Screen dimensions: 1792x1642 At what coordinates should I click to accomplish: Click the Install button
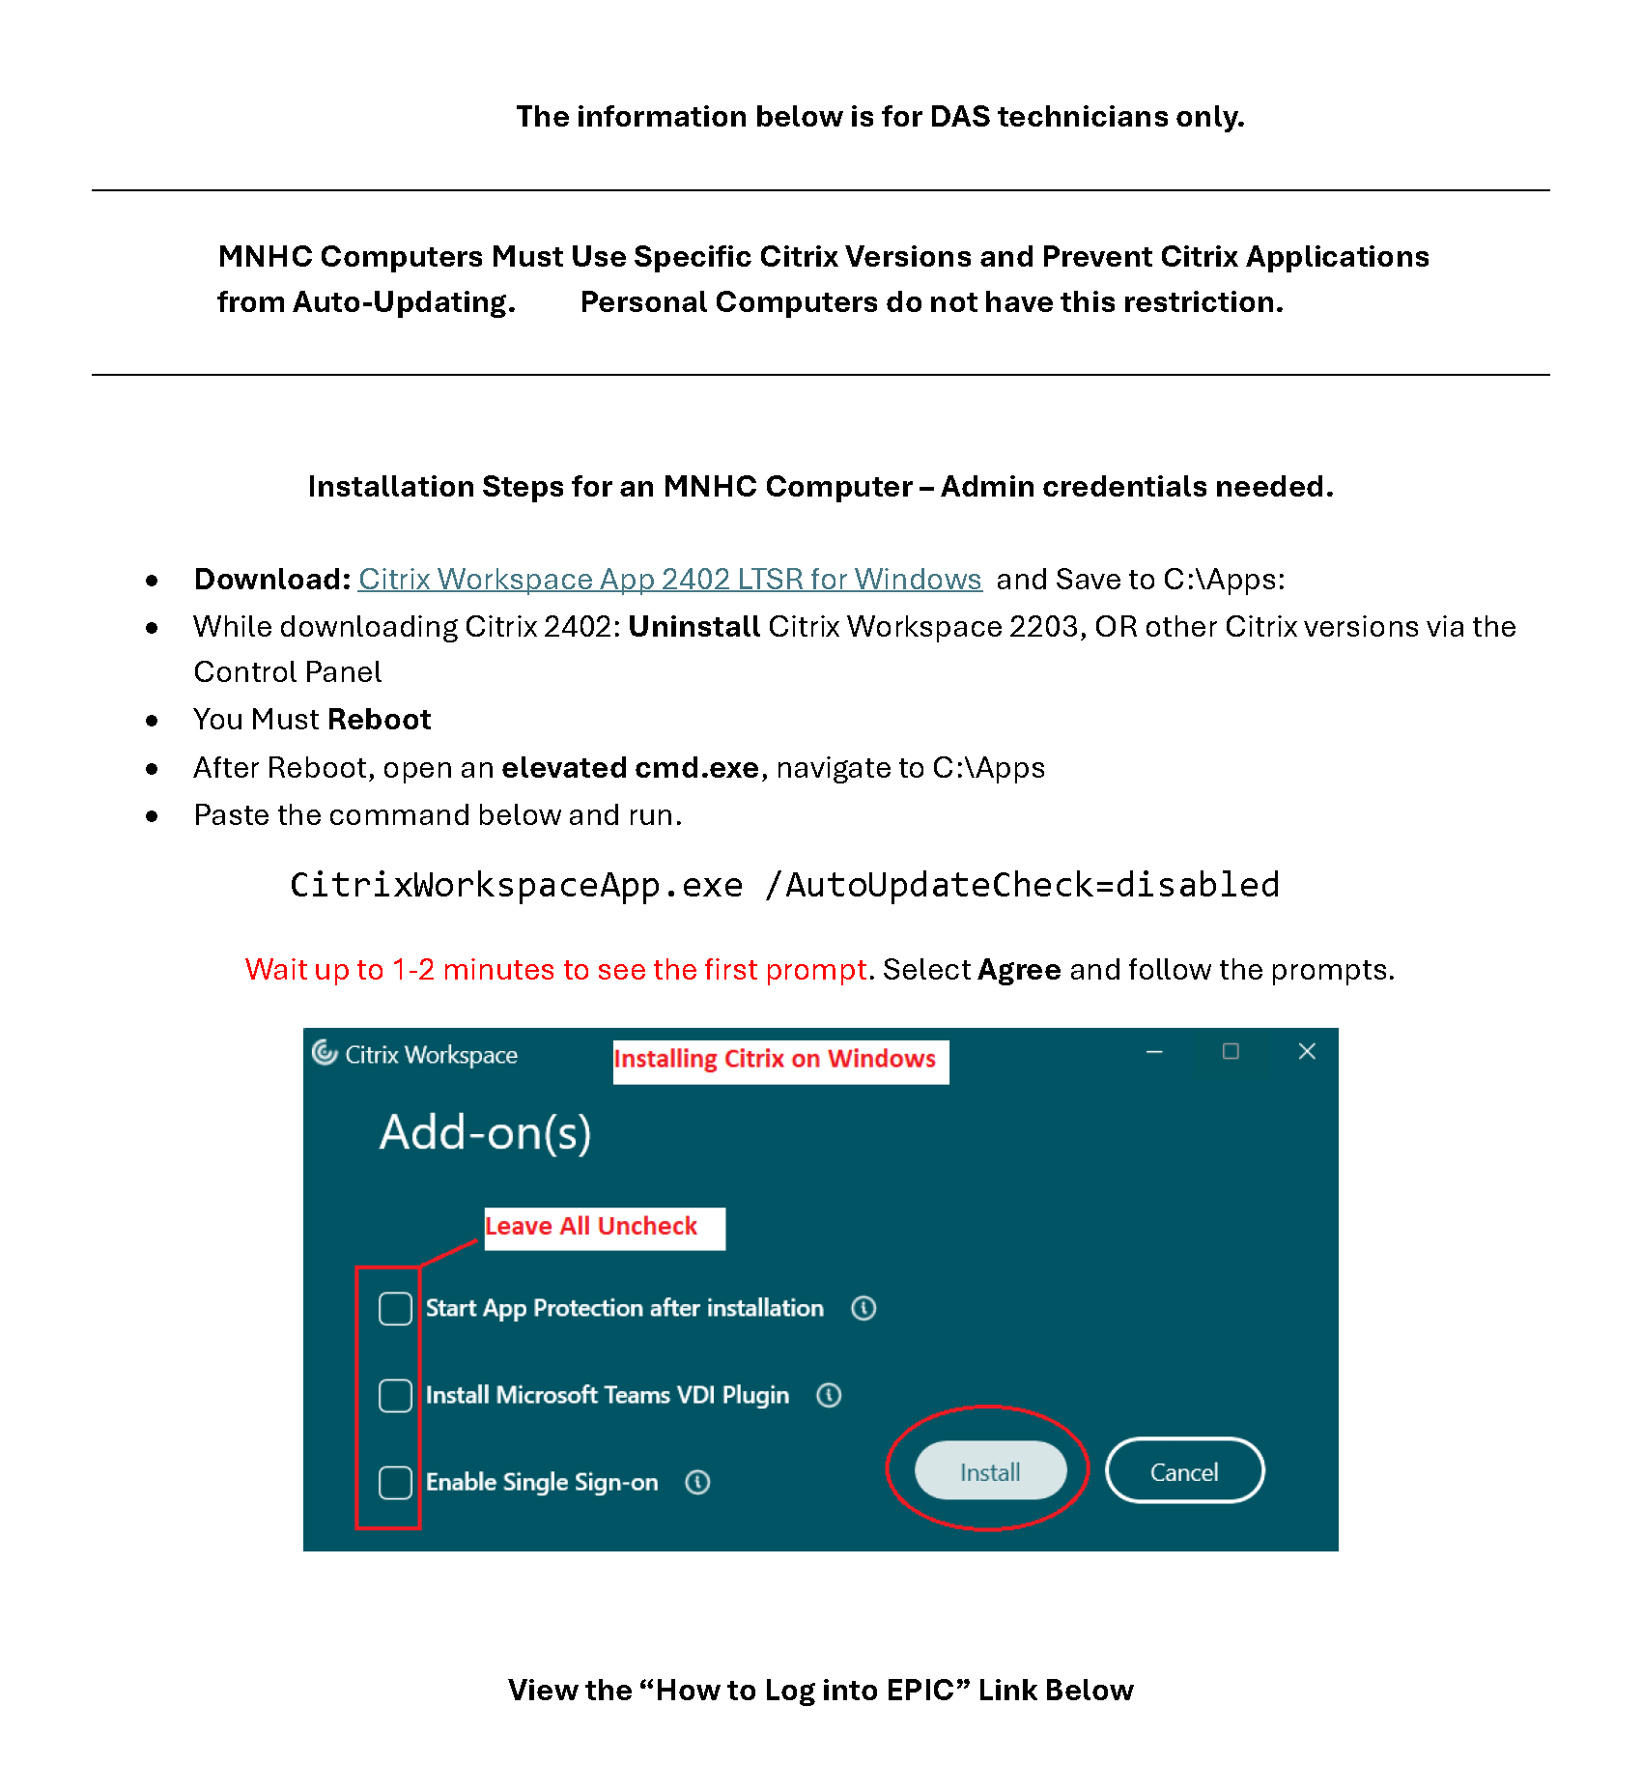[990, 1471]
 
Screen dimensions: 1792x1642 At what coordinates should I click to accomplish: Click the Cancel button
[1184, 1471]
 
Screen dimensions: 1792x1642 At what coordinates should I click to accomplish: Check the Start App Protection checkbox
[395, 1308]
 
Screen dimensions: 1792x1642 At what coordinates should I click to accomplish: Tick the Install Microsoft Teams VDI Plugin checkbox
[395, 1395]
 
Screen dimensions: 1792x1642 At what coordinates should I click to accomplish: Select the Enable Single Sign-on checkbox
[395, 1482]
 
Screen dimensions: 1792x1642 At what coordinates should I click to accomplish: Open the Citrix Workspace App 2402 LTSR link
[669, 579]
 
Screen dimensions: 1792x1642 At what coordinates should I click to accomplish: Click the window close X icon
[1307, 1051]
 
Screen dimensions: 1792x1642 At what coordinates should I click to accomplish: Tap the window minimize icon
[1154, 1051]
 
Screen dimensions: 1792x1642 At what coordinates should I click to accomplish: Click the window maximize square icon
[1231, 1051]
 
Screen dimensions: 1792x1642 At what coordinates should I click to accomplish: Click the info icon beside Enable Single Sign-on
[697, 1482]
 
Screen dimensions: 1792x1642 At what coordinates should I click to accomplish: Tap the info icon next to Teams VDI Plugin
[829, 1395]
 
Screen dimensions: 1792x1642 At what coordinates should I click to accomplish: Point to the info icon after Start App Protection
[863, 1308]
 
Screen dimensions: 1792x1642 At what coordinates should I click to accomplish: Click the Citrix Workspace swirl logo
[325, 1052]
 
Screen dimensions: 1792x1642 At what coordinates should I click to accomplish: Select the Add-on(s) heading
[485, 1132]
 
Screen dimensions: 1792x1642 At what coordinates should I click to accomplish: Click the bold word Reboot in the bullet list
[379, 720]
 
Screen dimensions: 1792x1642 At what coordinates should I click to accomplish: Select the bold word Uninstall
[694, 627]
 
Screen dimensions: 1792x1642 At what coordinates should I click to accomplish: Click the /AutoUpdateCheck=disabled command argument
[1022, 885]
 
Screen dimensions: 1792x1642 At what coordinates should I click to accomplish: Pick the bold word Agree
[1019, 969]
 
